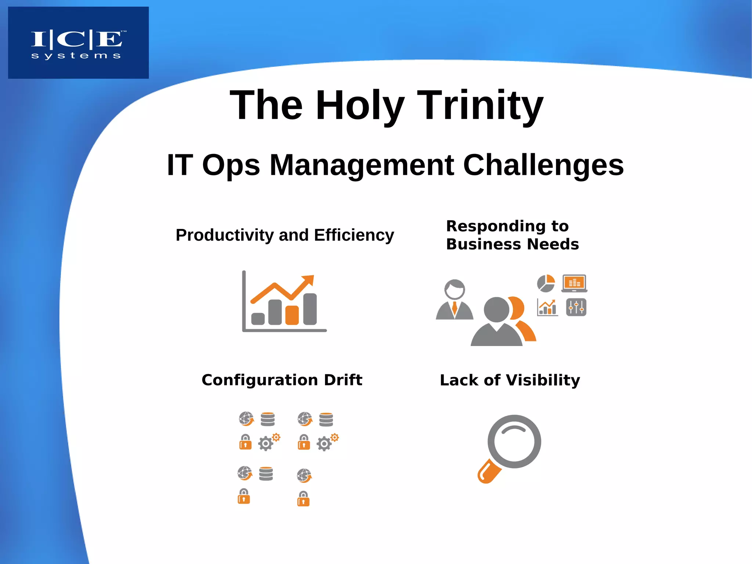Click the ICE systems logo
point(78,43)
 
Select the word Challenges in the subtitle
point(543,165)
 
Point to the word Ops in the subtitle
point(231,165)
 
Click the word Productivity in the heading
point(224,235)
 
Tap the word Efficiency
point(354,235)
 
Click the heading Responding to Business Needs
point(512,235)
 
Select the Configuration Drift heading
point(282,380)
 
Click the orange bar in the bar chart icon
point(292,315)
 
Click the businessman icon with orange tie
point(455,299)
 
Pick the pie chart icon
point(546,283)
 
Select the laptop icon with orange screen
point(574,283)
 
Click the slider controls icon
point(576,307)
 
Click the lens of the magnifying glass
point(514,441)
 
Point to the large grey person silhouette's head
point(496,309)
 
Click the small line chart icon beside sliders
point(547,307)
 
